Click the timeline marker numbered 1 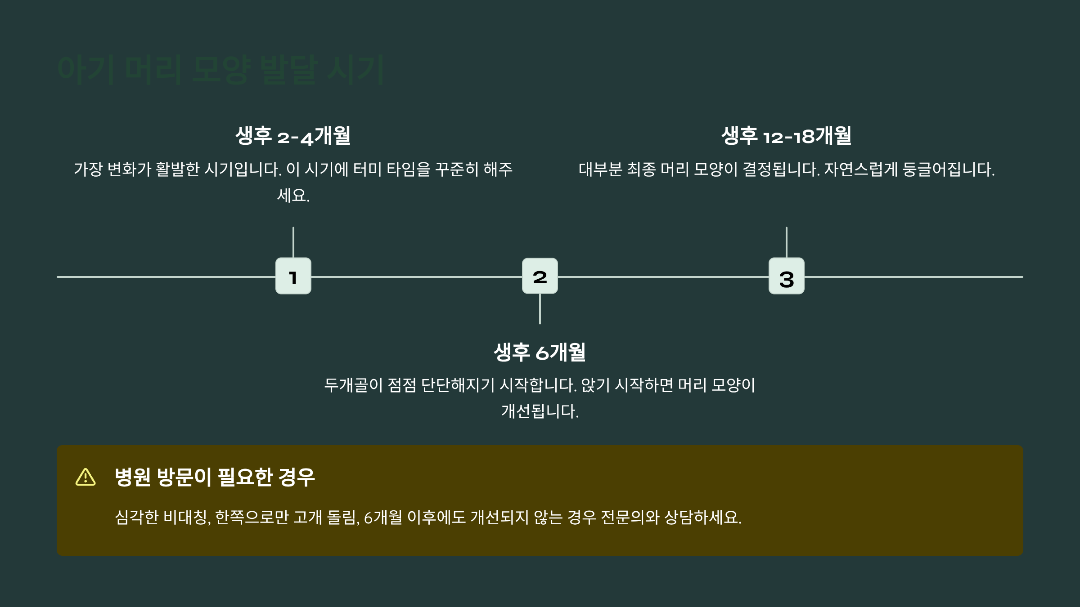click(293, 276)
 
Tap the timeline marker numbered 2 click(540, 276)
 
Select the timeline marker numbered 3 click(786, 276)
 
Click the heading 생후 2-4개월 click(293, 136)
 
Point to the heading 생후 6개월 click(540, 352)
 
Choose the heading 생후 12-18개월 click(786, 136)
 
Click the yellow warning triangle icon click(85, 477)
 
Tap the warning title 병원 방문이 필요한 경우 click(215, 477)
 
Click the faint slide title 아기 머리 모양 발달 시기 click(220, 70)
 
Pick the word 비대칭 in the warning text click(185, 518)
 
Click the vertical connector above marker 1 click(293, 242)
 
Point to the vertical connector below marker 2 click(540, 309)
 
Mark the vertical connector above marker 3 click(786, 242)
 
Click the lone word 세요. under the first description click(293, 196)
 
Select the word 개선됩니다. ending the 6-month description click(540, 411)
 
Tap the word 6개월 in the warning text click(382, 518)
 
